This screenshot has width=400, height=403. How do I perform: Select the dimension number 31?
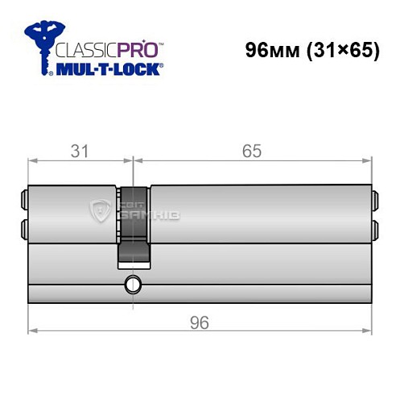pos(77,151)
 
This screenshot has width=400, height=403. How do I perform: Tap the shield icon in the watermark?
pos(101,212)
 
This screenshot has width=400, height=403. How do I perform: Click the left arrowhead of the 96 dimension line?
pos(31,330)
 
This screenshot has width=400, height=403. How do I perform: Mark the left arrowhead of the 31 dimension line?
pos(31,160)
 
